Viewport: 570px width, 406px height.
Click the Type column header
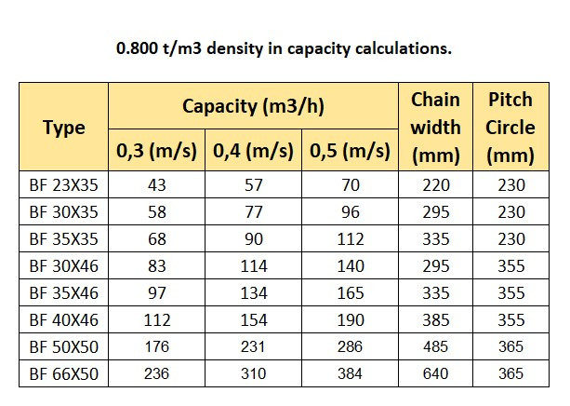63,128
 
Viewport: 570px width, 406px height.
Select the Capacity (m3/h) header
253,105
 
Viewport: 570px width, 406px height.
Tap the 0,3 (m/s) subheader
157,149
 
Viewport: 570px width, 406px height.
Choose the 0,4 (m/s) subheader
253,149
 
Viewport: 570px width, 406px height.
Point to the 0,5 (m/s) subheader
350,149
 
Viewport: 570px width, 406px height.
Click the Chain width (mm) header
435,128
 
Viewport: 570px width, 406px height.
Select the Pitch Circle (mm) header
510,128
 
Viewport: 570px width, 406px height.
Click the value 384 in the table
350,374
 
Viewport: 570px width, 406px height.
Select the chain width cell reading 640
435,374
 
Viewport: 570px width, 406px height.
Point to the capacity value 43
157,185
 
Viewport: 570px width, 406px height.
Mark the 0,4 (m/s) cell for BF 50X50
253,347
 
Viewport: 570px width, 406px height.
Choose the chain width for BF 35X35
435,239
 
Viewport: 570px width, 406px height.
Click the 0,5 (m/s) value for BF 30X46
350,266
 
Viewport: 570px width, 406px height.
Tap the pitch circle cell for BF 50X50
510,347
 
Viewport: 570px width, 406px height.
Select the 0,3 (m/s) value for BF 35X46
157,293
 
